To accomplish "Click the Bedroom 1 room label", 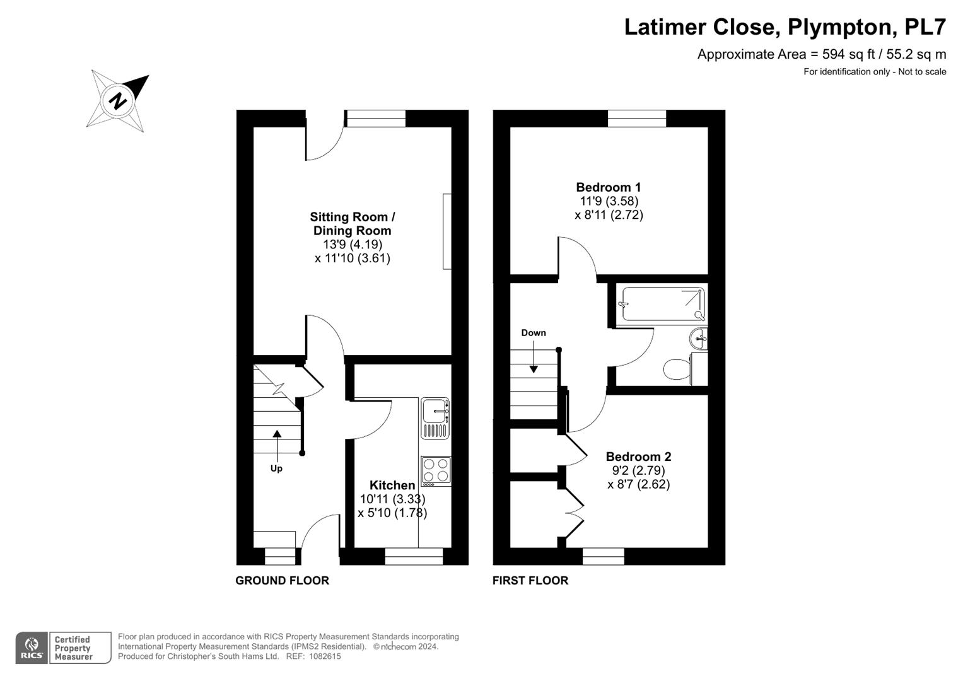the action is pyautogui.click(x=609, y=187).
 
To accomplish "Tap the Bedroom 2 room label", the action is pyautogui.click(x=638, y=456).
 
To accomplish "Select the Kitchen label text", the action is pyautogui.click(x=392, y=485).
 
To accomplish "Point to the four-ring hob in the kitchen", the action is pyautogui.click(x=436, y=471).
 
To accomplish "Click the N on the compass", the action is pyautogui.click(x=118, y=101).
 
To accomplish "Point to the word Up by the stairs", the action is pyautogui.click(x=276, y=468).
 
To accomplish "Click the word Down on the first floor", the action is pyautogui.click(x=534, y=333).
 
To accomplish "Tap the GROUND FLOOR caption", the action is pyautogui.click(x=282, y=580).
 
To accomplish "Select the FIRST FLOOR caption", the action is pyautogui.click(x=530, y=580).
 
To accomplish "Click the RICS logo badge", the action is pyautogui.click(x=32, y=648).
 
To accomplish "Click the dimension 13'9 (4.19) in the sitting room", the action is pyautogui.click(x=353, y=244).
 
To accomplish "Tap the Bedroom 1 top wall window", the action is pyautogui.click(x=637, y=119).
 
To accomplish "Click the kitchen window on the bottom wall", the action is pyautogui.click(x=414, y=556).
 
